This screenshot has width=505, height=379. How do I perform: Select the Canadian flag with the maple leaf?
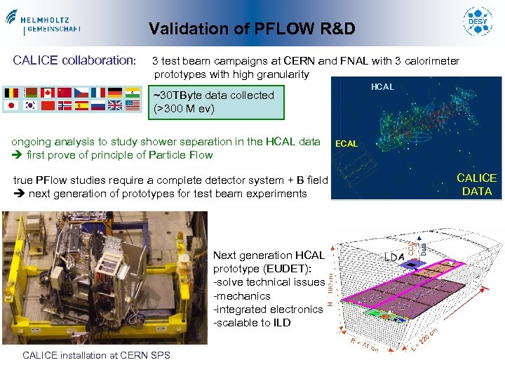point(48,93)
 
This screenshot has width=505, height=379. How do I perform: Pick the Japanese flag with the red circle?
point(11,106)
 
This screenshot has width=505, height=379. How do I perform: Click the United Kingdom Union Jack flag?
point(114,106)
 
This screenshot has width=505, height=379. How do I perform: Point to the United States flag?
point(132,106)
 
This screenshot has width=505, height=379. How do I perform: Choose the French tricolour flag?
point(97,93)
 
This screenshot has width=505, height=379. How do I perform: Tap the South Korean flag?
point(29,106)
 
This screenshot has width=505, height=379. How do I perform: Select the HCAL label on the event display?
point(382,87)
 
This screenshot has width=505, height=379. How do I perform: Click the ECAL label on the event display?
point(347,144)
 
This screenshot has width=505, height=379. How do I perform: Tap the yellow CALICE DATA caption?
point(476,185)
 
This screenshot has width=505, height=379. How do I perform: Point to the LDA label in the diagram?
point(393,257)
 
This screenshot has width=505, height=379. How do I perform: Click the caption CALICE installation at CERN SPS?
point(96,355)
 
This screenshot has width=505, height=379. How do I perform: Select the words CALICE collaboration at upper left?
point(74,60)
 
